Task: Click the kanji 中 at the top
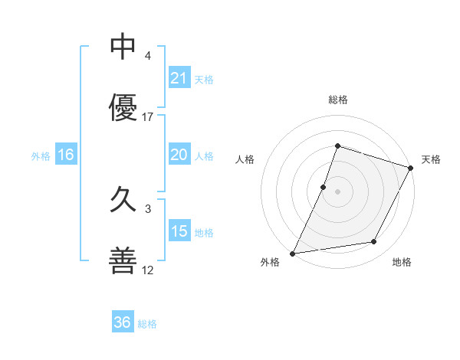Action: [123, 47]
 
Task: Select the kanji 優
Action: [123, 107]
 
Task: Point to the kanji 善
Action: [123, 260]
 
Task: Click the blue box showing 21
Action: [179, 78]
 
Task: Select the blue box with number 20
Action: [179, 155]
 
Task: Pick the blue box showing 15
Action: [179, 231]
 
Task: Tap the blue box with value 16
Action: [66, 155]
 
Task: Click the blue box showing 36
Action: [123, 322]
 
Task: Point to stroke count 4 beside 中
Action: [148, 56]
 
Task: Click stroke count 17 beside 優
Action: [148, 116]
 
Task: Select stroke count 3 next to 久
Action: [148, 208]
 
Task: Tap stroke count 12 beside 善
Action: [148, 270]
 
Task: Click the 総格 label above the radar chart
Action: [337, 100]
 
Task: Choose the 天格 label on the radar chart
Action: [431, 159]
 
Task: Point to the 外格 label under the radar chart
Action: [269, 262]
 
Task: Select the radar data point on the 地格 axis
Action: [374, 242]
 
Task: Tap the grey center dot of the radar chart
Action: [337, 191]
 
